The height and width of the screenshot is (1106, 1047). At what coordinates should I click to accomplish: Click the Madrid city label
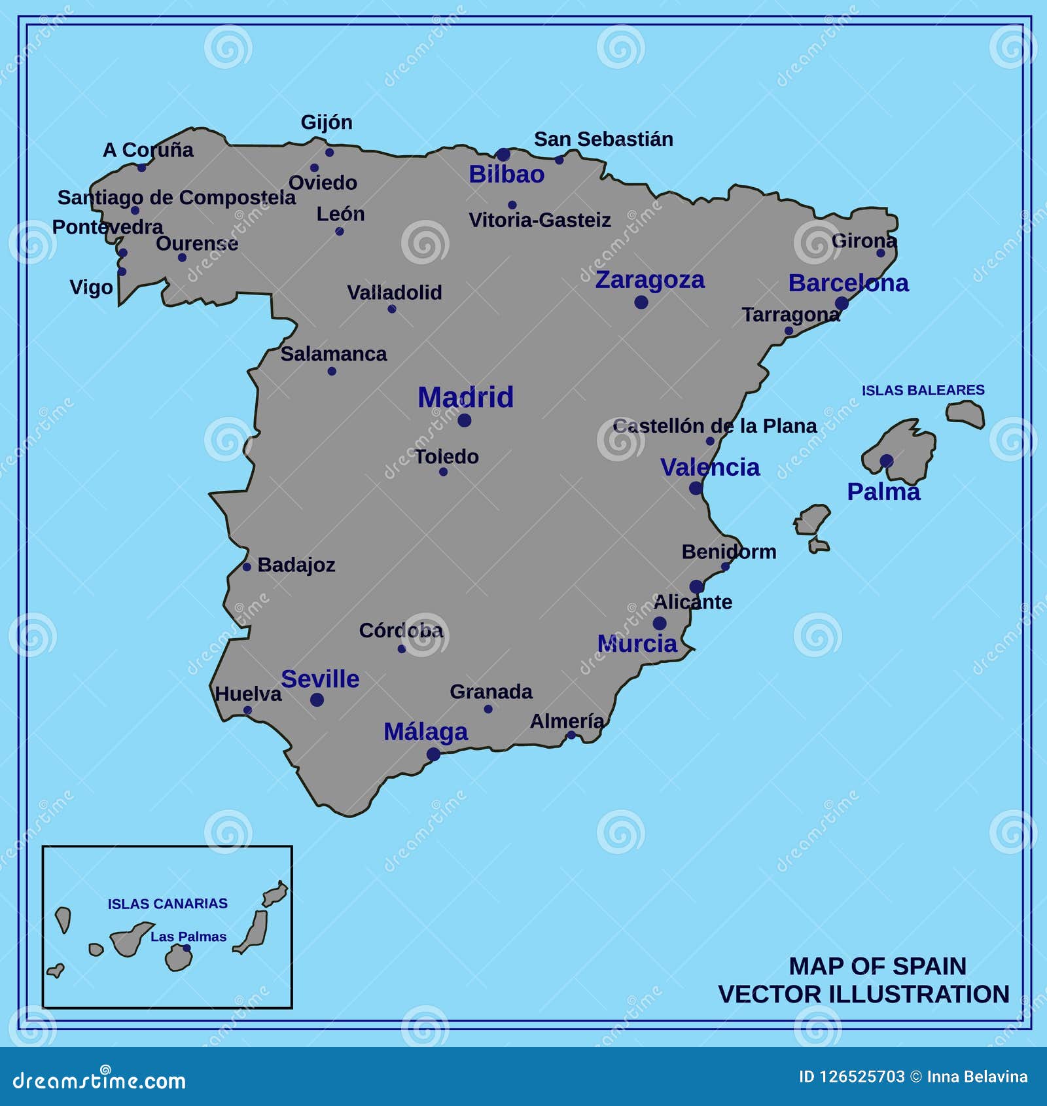coord(465,397)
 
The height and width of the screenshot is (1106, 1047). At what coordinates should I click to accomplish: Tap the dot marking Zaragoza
coord(641,302)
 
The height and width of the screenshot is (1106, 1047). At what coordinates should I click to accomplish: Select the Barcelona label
coord(848,283)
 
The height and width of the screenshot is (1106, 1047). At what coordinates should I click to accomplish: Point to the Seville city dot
coord(317,700)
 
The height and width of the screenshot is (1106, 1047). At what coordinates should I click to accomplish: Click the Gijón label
coord(327,122)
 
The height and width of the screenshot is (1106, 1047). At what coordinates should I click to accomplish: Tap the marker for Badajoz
coord(247,567)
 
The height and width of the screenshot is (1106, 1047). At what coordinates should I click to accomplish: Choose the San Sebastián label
coord(603,139)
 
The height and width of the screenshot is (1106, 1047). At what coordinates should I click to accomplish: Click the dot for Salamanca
coord(332,371)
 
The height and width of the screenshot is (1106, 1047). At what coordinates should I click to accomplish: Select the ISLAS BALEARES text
coord(923,390)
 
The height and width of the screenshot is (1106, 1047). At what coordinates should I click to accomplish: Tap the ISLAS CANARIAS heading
coord(168,904)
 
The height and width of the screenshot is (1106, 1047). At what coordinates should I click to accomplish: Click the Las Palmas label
coord(188,937)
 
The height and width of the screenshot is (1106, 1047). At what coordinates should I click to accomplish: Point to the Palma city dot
coord(886,461)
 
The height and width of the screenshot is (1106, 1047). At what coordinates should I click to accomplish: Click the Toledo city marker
coord(443,472)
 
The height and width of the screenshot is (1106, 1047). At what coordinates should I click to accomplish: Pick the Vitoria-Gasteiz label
coord(540,221)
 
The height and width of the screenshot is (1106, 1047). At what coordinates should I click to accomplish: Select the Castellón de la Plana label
coord(715,426)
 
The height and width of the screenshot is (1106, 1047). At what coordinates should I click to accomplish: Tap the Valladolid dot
coord(391,309)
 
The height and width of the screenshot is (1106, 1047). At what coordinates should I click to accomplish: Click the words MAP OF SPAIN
coord(877,966)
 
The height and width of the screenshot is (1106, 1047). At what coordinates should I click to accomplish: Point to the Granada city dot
coord(488,709)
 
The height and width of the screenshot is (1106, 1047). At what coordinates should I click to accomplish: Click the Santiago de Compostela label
coord(177,198)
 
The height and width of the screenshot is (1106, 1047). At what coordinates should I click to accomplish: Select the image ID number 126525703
coord(861,1077)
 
